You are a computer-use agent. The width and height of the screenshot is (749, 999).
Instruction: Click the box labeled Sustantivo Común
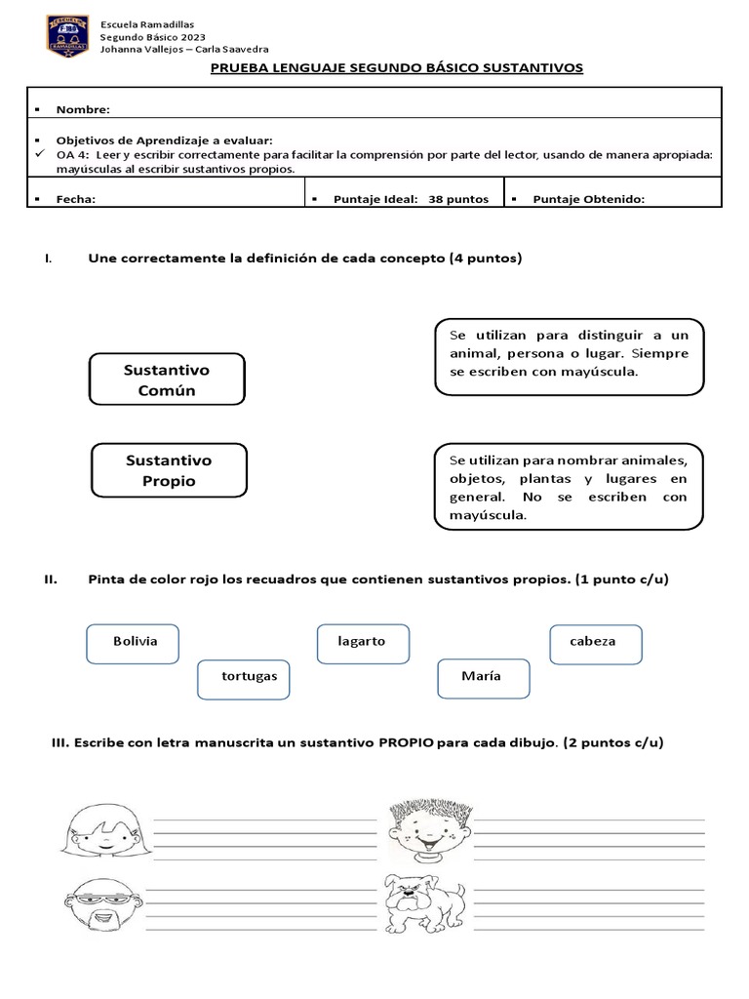(167, 380)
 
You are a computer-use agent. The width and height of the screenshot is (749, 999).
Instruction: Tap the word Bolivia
(135, 641)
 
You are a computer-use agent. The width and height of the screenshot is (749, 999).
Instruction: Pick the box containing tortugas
(250, 676)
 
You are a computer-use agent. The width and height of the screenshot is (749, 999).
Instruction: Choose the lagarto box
(362, 641)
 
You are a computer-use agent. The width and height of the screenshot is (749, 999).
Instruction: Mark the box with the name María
(483, 676)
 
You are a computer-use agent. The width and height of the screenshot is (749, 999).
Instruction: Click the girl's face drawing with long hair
(101, 828)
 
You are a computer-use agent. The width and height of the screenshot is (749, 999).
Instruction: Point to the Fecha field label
(76, 199)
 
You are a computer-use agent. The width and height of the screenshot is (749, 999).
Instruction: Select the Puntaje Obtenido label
(588, 199)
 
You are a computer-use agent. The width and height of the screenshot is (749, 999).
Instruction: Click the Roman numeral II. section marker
(53, 579)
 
